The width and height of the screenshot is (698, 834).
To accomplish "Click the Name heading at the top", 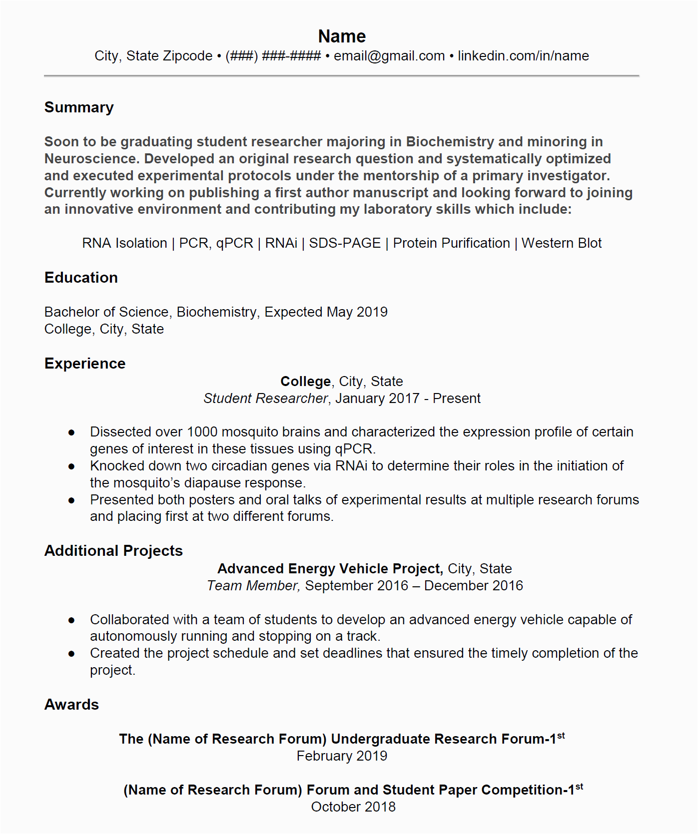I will [342, 36].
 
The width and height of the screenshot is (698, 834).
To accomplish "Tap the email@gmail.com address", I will [389, 56].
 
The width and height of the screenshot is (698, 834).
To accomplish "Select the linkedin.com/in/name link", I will [523, 56].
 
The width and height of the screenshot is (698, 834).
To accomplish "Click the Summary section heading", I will [79, 107].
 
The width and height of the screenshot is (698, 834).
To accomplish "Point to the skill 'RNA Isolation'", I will [124, 243].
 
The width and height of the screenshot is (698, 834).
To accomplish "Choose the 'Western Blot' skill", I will [562, 243].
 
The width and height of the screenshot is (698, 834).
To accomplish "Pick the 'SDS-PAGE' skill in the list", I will [345, 243].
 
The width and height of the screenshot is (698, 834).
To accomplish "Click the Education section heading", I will [81, 278].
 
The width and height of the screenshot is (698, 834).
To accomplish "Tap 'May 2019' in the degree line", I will [357, 312].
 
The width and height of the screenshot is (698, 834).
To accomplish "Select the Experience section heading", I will [85, 364].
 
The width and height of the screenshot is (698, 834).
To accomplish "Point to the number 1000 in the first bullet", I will [202, 432].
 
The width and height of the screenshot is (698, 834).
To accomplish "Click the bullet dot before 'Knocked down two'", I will [71, 466].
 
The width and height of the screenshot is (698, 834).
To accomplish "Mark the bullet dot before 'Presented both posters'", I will [71, 500].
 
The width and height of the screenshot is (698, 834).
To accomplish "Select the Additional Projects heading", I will [113, 551].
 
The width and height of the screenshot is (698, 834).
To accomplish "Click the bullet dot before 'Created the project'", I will [71, 654].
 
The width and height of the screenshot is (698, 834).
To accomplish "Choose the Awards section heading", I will [71, 705].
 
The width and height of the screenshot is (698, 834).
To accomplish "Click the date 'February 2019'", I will [342, 756].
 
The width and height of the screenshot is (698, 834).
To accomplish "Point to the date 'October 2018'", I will [353, 807].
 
